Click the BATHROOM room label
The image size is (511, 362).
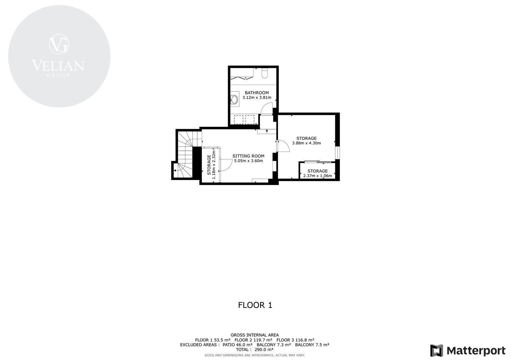coord(257,92)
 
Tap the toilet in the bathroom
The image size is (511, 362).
coord(265,73)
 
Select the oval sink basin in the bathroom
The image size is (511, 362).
coord(234,100)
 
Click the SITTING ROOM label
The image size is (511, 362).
coord(248,156)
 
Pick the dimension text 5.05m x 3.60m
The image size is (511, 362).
coord(248,161)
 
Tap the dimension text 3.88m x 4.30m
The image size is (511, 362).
coord(306,143)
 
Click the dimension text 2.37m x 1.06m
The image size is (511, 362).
coord(318,176)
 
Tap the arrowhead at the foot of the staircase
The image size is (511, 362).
coord(174,171)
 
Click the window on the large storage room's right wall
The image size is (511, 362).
coord(337,153)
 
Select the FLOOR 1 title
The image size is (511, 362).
coord(255,305)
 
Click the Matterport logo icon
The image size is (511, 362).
coord(436,351)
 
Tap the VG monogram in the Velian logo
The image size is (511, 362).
coord(59,44)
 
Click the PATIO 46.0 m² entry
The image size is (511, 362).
coord(237,345)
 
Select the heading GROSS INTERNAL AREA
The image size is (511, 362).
coord(254,335)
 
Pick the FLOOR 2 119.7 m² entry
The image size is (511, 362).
coord(253,340)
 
